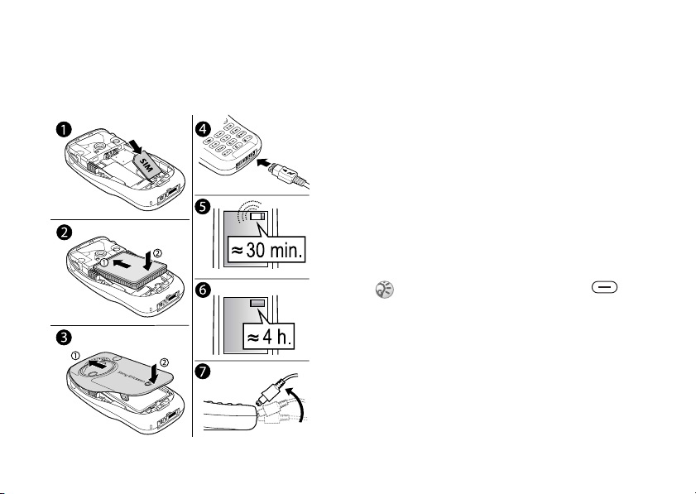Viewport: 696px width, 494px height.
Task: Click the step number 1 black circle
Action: pos(64,130)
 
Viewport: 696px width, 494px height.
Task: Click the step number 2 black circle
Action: pos(64,233)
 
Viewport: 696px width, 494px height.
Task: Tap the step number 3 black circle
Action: pos(64,338)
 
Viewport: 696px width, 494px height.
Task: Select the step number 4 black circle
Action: pos(203,130)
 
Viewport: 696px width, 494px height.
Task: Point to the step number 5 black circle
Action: pos(203,207)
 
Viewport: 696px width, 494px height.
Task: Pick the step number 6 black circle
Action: pos(203,290)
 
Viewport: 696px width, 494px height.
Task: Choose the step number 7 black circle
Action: pos(203,372)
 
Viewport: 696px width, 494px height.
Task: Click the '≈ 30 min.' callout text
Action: pos(266,250)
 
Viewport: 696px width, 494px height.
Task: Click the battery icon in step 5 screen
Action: pos(257,217)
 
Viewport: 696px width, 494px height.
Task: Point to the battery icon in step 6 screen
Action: pos(257,304)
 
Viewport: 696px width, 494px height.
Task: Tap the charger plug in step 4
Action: pos(284,172)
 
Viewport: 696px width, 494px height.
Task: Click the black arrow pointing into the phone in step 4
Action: pos(264,162)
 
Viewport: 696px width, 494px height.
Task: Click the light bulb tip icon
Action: pos(384,290)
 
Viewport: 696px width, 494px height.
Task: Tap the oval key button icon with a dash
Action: pos(604,287)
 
